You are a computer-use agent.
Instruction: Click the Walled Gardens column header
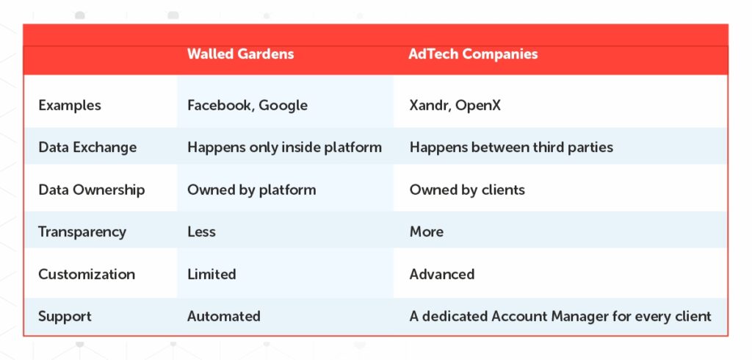coord(240,54)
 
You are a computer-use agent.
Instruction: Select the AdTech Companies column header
coord(473,54)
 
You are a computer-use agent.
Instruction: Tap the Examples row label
coord(70,105)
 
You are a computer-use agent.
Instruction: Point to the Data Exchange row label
coord(87,147)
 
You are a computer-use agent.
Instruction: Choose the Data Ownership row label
coord(92,190)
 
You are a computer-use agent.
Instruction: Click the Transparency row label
coord(82,232)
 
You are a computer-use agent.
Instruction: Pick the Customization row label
coord(87,274)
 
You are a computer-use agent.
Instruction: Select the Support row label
coord(65,317)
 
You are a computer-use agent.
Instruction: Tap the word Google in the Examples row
coord(283,106)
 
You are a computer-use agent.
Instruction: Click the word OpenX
coord(477,106)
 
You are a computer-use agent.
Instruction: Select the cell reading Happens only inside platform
coord(284,147)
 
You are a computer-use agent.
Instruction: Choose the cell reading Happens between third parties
coord(511,147)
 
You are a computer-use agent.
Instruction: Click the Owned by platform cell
coord(252,190)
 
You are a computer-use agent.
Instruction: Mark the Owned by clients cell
coord(467,190)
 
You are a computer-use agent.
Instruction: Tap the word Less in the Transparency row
coord(201,232)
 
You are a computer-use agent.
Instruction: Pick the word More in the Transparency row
coord(427,232)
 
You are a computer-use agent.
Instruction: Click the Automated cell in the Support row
coord(224,317)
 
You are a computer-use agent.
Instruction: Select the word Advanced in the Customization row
coord(441,274)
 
